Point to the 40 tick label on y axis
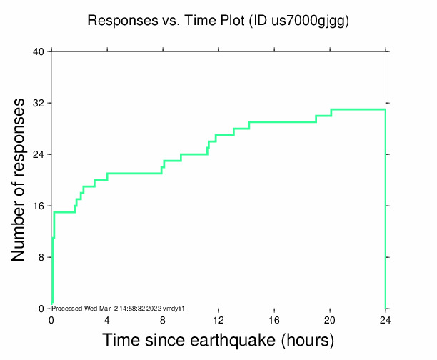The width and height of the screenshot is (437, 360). (x=39, y=52)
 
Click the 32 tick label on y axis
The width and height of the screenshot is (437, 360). (x=39, y=104)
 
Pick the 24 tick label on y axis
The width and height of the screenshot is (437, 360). (x=39, y=155)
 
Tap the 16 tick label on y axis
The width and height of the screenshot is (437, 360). (x=39, y=206)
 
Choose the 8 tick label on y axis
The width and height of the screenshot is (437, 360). (x=41, y=258)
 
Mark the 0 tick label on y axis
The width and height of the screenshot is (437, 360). (x=41, y=309)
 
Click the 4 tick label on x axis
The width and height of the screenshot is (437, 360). (x=107, y=319)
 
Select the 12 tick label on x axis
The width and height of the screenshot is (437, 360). (x=218, y=319)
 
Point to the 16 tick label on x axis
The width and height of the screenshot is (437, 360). (x=274, y=319)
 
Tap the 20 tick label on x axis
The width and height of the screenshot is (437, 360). (x=330, y=319)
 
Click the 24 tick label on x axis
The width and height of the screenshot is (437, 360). (x=386, y=319)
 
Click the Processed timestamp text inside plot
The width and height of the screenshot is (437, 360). (x=119, y=308)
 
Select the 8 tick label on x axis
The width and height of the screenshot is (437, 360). (x=163, y=319)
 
